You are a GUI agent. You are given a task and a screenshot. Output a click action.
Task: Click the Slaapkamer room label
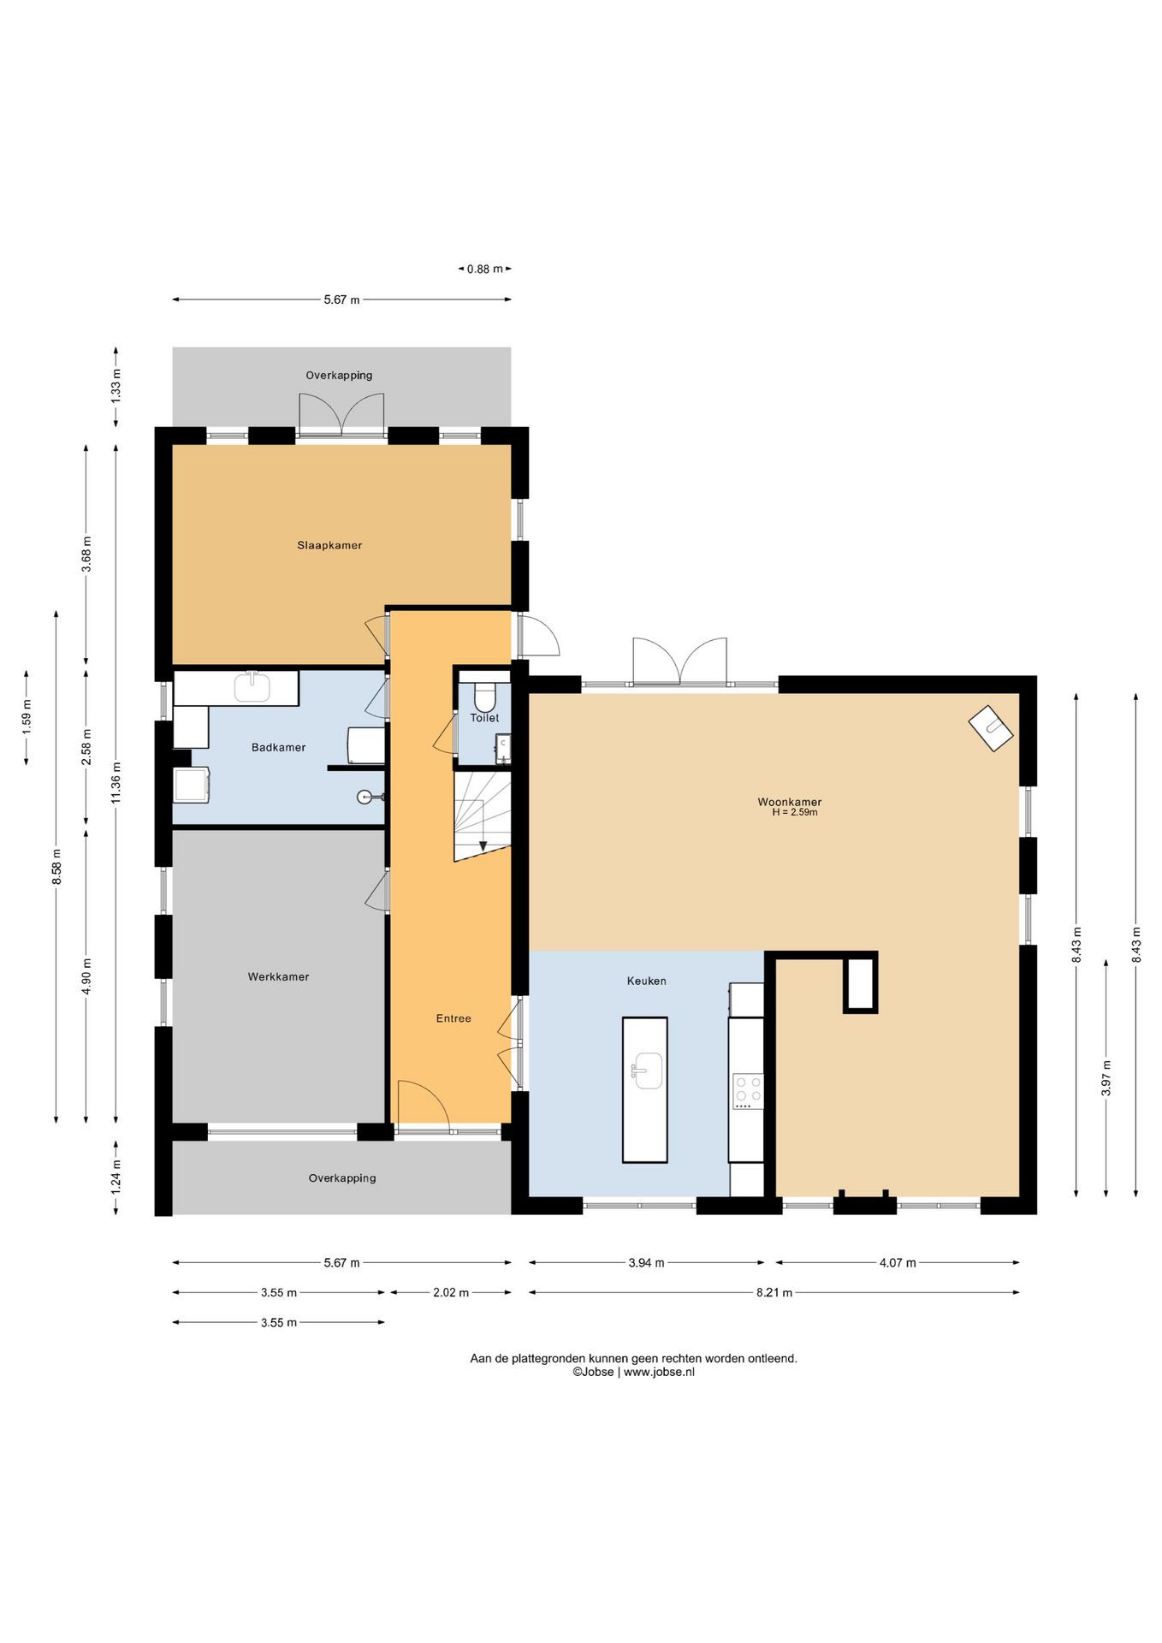click(329, 545)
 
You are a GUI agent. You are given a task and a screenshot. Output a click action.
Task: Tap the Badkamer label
click(278, 747)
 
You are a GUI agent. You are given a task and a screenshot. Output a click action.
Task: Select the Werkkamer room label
click(278, 976)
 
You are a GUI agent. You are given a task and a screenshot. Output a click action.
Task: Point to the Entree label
click(454, 1018)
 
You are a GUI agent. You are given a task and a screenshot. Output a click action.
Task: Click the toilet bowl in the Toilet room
click(484, 696)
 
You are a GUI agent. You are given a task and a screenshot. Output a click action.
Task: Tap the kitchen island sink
click(647, 1071)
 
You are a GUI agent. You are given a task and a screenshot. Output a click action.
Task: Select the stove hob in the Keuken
click(748, 1091)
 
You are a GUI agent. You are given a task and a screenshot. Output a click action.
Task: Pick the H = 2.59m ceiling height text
click(795, 812)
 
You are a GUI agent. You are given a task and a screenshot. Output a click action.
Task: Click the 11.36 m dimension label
click(116, 782)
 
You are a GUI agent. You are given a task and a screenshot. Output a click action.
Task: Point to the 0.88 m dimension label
click(485, 269)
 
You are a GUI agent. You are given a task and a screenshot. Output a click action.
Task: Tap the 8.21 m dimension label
click(774, 1292)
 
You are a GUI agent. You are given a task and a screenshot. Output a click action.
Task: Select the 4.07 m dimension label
click(898, 1262)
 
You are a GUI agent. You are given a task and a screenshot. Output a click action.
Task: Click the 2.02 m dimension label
click(451, 1292)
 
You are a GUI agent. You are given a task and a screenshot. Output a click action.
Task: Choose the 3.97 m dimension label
click(1106, 1078)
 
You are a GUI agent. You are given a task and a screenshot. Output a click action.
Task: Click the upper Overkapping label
click(339, 375)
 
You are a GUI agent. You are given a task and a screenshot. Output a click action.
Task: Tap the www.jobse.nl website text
click(659, 1372)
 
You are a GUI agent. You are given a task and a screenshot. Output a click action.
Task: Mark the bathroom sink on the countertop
click(252, 686)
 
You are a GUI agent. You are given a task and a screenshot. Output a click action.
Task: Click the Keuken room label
click(646, 981)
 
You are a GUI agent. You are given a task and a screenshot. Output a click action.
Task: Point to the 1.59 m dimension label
click(27, 717)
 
